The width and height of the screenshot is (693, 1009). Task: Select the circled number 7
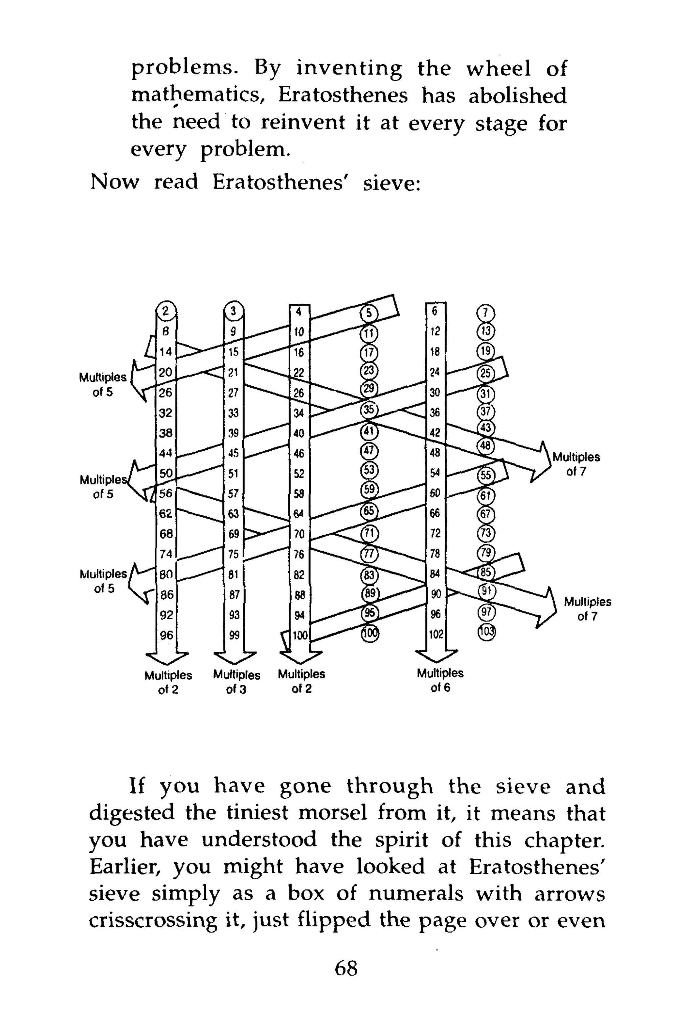pos(486,313)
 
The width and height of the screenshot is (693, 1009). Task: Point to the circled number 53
pos(369,470)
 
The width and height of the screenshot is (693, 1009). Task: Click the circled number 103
pos(486,631)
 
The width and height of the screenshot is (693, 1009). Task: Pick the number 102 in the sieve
pos(436,634)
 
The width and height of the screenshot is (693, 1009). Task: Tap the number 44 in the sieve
pos(165,453)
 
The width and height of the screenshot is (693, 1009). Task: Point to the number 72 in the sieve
pos(435,533)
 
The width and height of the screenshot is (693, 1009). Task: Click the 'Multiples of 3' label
pos(237,682)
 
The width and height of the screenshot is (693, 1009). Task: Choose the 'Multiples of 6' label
pos(440,680)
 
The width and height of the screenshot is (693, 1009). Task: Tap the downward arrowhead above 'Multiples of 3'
pos(235,657)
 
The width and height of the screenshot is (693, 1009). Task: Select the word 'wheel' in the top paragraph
pos(498,69)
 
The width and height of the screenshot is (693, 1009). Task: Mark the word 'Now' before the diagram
pos(115,181)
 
